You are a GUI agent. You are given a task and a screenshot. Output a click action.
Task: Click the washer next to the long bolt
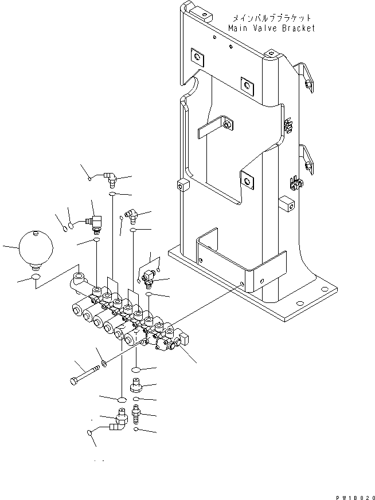pos(103,363)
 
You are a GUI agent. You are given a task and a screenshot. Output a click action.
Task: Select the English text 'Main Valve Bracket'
pos(271,28)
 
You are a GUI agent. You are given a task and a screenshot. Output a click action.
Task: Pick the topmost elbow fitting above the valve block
pos(109,180)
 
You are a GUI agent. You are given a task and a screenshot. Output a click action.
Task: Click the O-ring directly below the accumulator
pos(35,278)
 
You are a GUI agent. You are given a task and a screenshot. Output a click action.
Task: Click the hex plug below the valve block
pos(137,384)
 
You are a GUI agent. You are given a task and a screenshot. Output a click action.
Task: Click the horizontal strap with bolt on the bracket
pos(215,128)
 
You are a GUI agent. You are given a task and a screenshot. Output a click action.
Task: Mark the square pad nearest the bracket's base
pos(248,180)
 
